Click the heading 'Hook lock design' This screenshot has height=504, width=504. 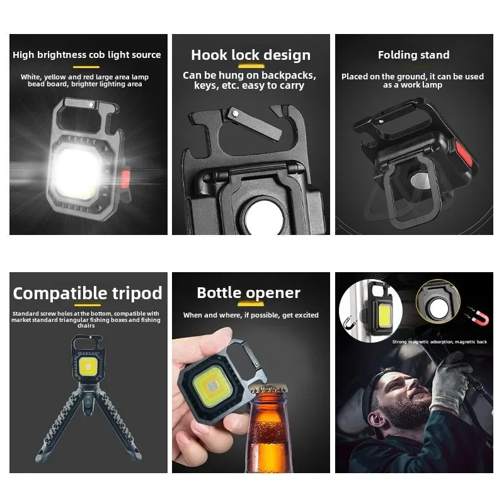tap(251, 55)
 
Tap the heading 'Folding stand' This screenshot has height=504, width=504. tap(413, 55)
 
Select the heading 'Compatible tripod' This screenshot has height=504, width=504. tap(88, 294)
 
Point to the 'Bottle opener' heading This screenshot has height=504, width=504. tap(248, 293)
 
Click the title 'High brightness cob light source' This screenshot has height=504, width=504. tap(87, 55)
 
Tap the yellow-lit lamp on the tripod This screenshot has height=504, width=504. tap(88, 367)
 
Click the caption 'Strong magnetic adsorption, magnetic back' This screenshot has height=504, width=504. tap(440, 341)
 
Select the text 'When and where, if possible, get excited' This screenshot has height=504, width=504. tap(251, 315)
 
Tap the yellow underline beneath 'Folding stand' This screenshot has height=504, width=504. tap(413, 65)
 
